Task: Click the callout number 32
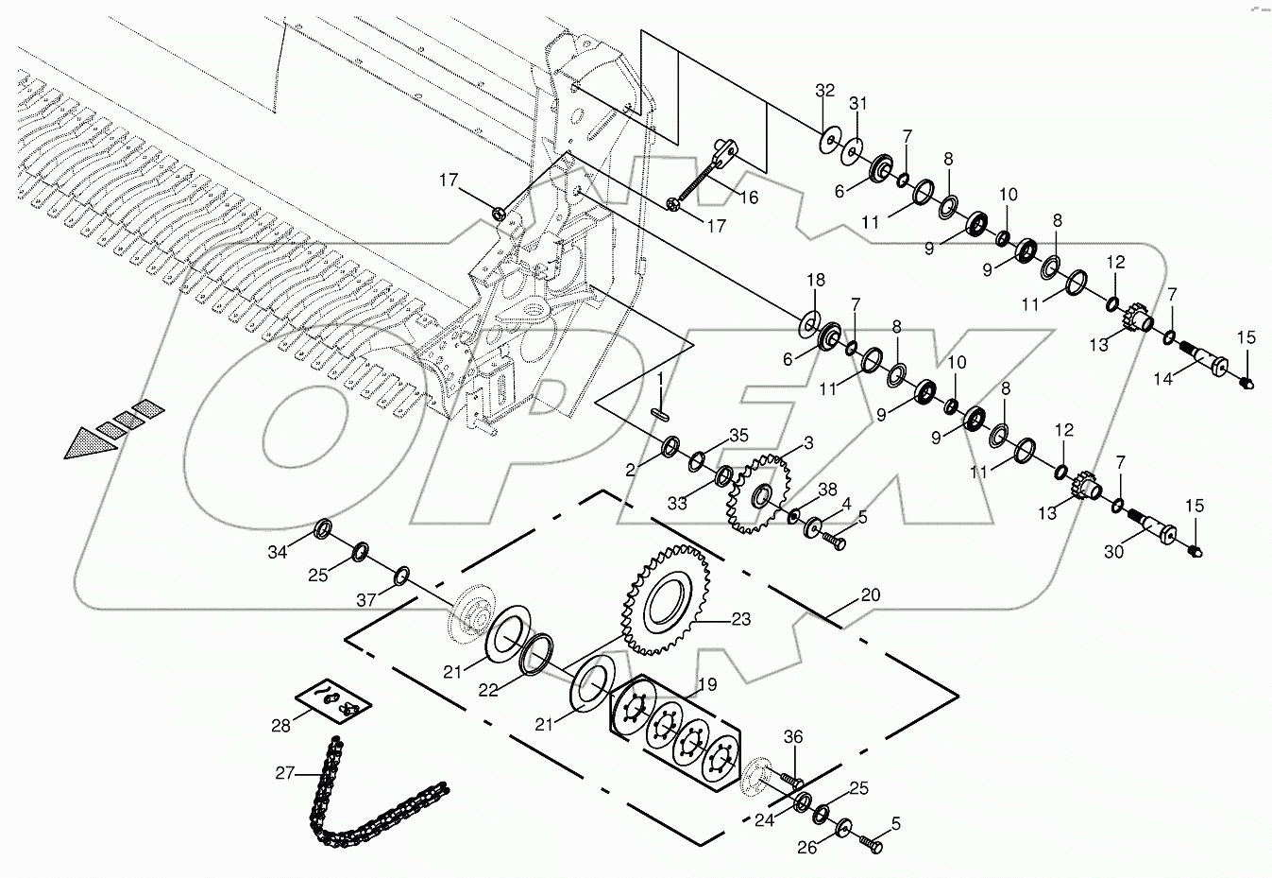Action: click(825, 91)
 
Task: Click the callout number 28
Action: click(281, 725)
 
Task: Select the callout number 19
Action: click(706, 684)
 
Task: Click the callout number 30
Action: click(1114, 552)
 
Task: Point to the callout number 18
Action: click(815, 280)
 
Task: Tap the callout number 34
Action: click(277, 553)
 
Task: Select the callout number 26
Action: click(806, 848)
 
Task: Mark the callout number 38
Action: click(827, 489)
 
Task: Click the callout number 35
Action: click(738, 436)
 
